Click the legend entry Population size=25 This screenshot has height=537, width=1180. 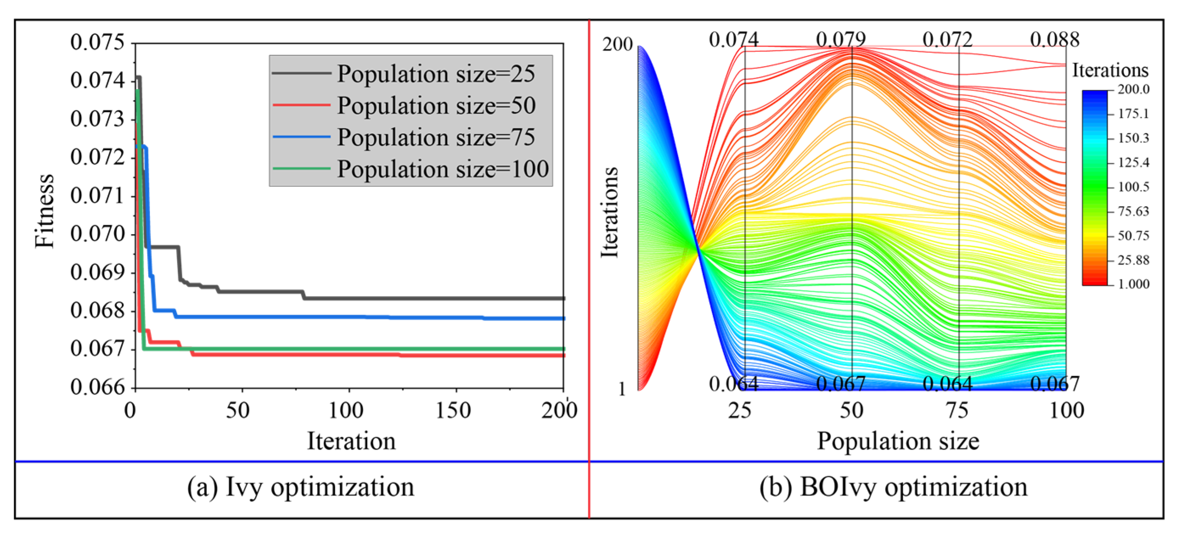click(x=435, y=73)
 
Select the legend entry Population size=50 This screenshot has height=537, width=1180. click(x=436, y=105)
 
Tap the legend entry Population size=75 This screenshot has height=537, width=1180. click(x=435, y=137)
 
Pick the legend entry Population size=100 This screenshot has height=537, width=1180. click(x=442, y=169)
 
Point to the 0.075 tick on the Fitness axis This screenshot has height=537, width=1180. click(x=97, y=42)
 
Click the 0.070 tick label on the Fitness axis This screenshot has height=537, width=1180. click(x=97, y=234)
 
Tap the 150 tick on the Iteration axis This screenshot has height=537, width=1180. click(x=452, y=410)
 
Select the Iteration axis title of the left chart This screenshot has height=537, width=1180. click(x=351, y=441)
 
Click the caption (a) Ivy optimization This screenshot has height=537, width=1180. click(x=301, y=487)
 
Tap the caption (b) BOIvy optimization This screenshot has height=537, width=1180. click(x=893, y=487)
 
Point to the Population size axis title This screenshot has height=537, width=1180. click(x=898, y=441)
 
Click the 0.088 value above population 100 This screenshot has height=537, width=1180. click(x=1054, y=40)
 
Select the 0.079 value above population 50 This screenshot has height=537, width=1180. click(x=840, y=40)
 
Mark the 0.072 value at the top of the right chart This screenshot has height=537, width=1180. click(x=947, y=40)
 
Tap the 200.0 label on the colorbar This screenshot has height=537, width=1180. click(x=1133, y=89)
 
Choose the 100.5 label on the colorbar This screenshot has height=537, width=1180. click(x=1133, y=187)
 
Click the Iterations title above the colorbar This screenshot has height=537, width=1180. click(x=1110, y=70)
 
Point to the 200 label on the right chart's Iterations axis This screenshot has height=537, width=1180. click(x=617, y=45)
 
